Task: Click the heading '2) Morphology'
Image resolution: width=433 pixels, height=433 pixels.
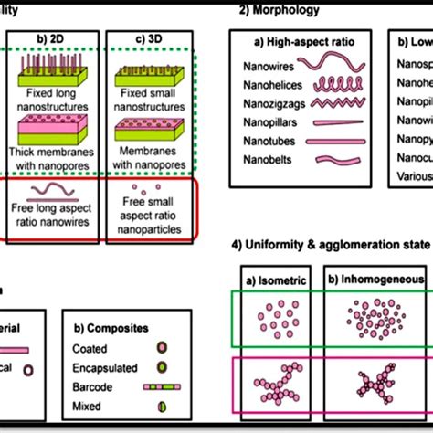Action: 279,10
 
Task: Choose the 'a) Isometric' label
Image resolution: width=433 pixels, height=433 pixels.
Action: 273,279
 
